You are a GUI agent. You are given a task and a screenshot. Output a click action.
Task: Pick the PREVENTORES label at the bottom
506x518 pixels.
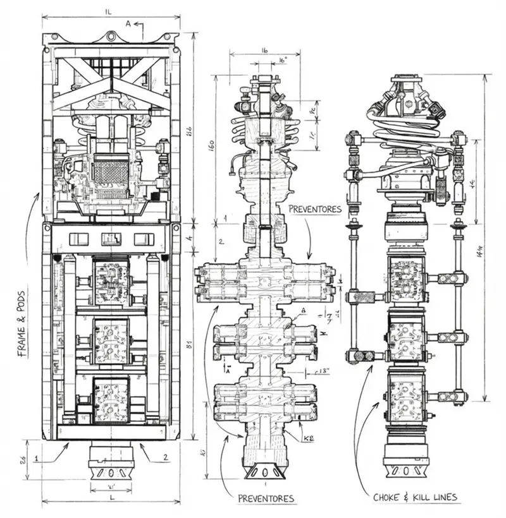[266, 498]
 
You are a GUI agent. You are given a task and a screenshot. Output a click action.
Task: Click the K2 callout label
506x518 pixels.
[309, 438]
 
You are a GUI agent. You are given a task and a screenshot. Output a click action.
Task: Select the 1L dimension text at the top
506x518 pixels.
[111, 11]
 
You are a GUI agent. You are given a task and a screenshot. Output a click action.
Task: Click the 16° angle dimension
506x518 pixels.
[283, 59]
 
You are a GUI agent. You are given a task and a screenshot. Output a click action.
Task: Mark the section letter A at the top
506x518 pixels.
[129, 23]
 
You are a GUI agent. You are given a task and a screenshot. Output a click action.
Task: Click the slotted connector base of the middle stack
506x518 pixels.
[263, 472]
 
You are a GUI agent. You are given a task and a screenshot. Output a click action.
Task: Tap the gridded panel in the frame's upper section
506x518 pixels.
[111, 170]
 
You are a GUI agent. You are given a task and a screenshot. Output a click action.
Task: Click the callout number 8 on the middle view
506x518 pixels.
[304, 310]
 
